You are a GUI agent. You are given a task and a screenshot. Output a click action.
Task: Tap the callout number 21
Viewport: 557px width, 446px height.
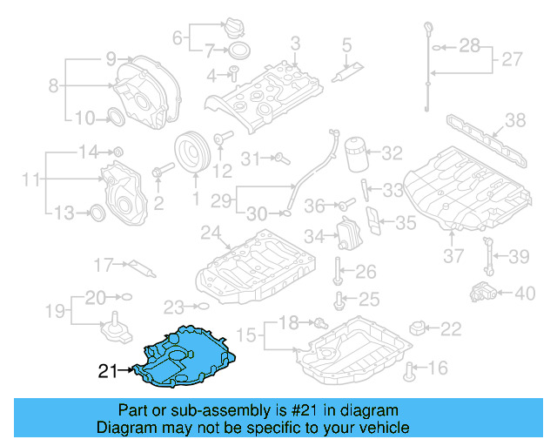click(107, 372)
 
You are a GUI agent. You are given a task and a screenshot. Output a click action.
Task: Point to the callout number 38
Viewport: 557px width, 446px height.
click(515, 121)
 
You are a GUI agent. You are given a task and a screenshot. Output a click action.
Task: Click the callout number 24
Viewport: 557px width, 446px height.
click(210, 233)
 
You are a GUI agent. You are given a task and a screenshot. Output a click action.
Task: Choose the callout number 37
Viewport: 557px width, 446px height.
click(453, 256)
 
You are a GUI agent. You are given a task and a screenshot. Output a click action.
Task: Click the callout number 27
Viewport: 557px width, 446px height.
click(511, 60)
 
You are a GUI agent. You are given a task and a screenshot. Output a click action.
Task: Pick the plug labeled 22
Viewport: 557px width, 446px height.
click(419, 329)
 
